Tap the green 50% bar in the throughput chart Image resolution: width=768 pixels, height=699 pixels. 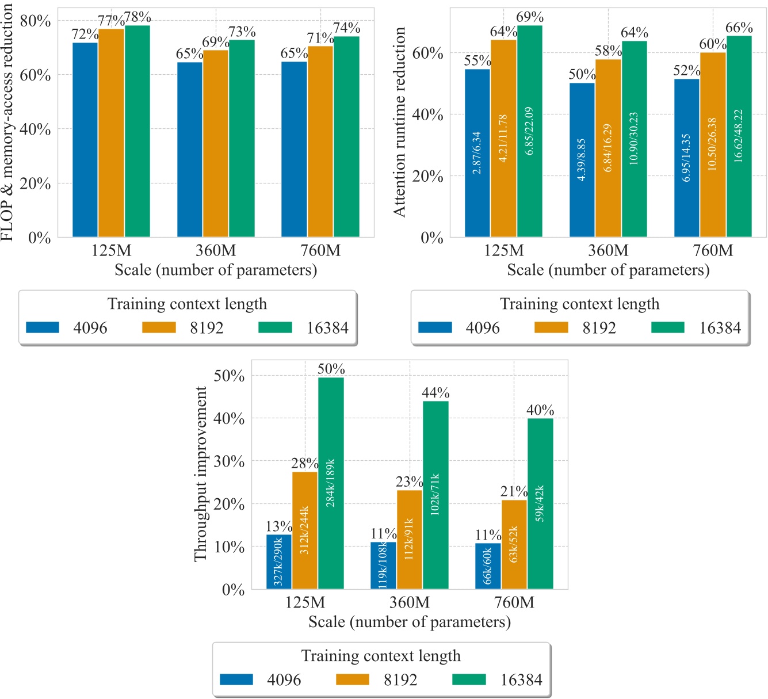coord(331,483)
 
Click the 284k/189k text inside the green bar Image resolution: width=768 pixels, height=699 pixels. coord(331,483)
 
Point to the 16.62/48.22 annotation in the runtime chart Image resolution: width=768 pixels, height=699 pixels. coord(739,136)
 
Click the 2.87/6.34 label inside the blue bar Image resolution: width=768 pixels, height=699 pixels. coord(477,153)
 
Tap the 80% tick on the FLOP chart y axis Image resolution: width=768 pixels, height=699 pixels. coord(35,21)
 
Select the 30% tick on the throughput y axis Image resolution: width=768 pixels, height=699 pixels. coord(229,461)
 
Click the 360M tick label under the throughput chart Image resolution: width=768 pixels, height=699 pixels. coord(409,602)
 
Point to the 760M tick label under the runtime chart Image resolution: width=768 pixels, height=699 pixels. coord(713,251)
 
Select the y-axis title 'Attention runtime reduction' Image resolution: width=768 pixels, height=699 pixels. coord(399,122)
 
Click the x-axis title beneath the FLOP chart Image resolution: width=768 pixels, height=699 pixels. coord(216,270)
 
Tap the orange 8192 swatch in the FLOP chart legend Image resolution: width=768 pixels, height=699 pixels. coord(159,327)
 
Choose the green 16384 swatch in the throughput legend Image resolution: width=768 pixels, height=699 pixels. coord(469,679)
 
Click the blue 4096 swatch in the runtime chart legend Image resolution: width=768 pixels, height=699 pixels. coord(435,327)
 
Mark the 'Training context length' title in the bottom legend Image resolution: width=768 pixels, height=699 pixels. coord(381,656)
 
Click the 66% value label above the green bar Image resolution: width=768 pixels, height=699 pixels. coord(739,28)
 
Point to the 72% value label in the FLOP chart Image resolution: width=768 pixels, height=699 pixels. coord(85,35)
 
